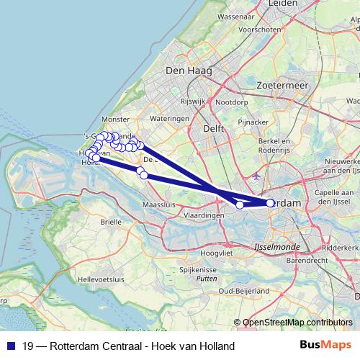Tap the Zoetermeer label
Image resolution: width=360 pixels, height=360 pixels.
(282, 84)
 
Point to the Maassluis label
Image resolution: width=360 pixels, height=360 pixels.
(159, 205)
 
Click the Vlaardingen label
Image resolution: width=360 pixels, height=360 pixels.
(204, 215)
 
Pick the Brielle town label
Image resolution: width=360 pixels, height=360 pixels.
(111, 222)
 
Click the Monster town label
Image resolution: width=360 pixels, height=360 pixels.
(115, 119)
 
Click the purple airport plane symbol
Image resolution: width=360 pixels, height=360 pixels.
(256, 175)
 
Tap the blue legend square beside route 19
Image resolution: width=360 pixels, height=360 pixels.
(11, 346)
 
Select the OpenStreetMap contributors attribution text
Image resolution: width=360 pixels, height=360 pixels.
(297, 323)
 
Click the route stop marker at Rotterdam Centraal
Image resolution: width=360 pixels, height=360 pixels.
(271, 204)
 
